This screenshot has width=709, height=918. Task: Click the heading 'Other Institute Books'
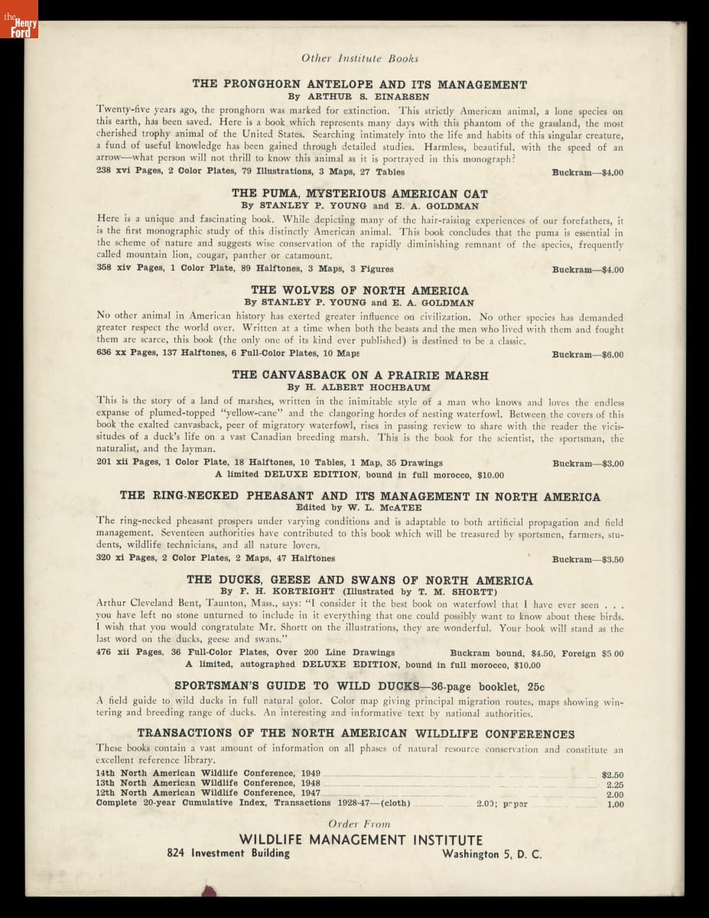click(359, 58)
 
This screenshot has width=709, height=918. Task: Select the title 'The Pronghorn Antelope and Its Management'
click(359, 85)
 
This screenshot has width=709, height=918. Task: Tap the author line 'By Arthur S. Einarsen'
click(359, 97)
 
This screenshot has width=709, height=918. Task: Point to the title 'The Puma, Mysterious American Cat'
click(359, 194)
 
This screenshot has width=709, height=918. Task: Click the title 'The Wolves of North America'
click(359, 291)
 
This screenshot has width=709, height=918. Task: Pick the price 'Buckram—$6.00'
click(587, 355)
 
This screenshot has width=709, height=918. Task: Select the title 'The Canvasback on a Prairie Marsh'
click(359, 376)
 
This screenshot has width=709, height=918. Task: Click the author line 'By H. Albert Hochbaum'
click(359, 388)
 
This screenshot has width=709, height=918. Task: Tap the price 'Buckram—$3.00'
click(587, 464)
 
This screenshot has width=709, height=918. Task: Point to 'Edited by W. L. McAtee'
click(359, 507)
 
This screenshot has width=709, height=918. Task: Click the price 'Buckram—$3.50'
click(587, 559)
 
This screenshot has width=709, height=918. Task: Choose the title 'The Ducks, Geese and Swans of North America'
click(359, 581)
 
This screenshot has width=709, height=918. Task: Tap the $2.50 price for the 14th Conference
click(613, 774)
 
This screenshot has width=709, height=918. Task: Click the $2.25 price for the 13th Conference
click(614, 784)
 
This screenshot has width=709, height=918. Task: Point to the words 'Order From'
click(359, 824)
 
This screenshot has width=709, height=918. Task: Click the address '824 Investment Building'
click(229, 853)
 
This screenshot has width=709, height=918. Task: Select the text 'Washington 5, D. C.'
click(491, 855)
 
